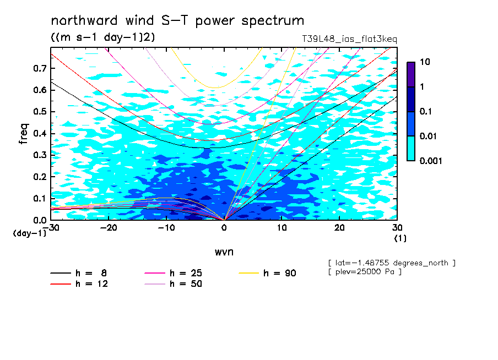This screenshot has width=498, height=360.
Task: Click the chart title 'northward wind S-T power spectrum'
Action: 177,20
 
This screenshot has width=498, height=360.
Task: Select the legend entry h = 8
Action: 78,273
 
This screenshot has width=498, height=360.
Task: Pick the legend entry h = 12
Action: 79,284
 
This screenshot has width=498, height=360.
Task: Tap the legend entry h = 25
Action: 173,273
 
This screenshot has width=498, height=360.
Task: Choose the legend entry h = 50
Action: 173,284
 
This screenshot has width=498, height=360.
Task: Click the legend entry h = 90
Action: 267,273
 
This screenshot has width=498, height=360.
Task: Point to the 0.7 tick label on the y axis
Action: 40,68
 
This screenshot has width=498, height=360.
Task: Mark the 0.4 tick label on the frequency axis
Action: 40,133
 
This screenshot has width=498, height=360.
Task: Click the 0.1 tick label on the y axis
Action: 40,198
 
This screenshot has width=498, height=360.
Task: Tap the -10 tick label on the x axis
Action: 166,228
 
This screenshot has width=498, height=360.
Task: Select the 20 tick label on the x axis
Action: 339,228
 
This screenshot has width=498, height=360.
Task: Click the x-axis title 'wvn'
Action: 224,252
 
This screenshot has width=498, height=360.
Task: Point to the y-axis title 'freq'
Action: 24,134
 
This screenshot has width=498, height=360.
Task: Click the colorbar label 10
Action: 425,62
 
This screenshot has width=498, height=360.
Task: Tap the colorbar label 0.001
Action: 431,161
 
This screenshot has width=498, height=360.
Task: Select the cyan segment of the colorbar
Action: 411,148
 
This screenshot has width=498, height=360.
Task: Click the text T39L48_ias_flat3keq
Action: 349,39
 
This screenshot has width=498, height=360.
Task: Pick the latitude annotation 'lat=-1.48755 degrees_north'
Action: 392,263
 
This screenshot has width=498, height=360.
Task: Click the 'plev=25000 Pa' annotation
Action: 365,272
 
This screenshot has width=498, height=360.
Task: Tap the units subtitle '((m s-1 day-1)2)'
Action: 103,37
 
